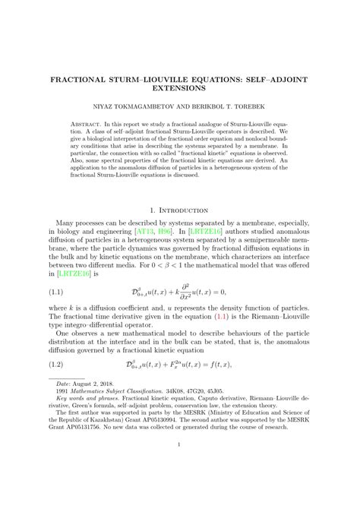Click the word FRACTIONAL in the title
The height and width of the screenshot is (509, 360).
click(83, 79)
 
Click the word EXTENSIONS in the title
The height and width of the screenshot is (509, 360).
click(180, 90)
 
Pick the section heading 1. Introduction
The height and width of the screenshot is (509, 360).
click(180, 210)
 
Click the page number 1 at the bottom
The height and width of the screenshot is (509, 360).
click(180, 466)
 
